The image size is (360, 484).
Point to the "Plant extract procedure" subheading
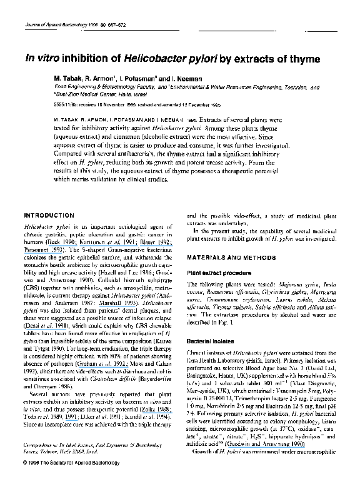pyautogui.click(x=222, y=273)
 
